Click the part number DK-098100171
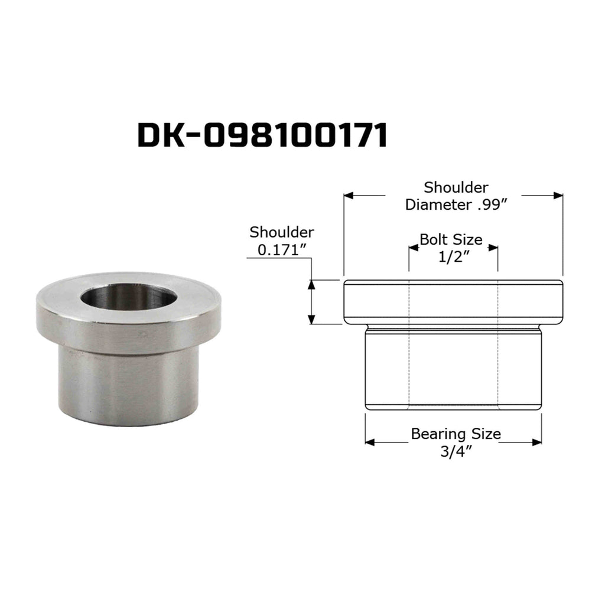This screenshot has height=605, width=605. tap(262, 135)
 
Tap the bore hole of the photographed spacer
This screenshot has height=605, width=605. tap(128, 297)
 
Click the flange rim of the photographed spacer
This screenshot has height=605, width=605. tap(128, 334)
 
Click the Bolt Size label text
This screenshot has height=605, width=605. tap(451, 239)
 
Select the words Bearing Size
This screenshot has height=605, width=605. tap(456, 434)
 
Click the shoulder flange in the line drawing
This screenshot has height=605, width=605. tap(453, 301)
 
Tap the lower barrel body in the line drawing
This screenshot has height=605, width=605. tap(453, 369)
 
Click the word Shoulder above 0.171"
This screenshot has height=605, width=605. tap(282, 232)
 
